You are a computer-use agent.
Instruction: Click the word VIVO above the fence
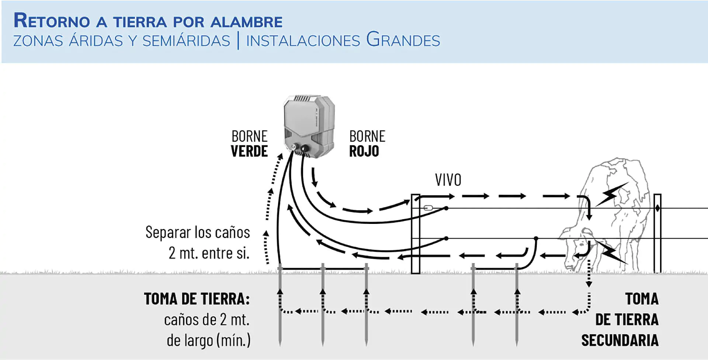tap(448, 180)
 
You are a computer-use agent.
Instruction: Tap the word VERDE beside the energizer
tap(249, 151)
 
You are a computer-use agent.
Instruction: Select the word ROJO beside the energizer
tap(364, 151)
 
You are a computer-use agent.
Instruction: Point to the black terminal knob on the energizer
tap(305, 148)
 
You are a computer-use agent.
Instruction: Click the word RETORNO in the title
tap(52, 21)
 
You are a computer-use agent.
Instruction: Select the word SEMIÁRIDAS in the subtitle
tap(186, 41)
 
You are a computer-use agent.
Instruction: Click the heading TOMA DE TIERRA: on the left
tap(197, 299)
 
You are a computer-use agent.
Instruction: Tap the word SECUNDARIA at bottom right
tap(620, 340)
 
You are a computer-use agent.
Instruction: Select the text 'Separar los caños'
tap(198, 232)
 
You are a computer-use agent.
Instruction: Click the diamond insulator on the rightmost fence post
tap(657, 208)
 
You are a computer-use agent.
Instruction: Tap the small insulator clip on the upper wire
tap(428, 208)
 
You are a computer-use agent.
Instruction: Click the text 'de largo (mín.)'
tap(208, 340)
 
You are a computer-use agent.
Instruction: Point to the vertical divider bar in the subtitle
tap(238, 40)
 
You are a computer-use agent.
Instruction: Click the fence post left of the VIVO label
tap(416, 234)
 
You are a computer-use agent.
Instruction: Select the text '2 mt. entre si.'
tap(209, 253)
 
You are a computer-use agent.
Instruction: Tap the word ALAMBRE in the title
tap(246, 22)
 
